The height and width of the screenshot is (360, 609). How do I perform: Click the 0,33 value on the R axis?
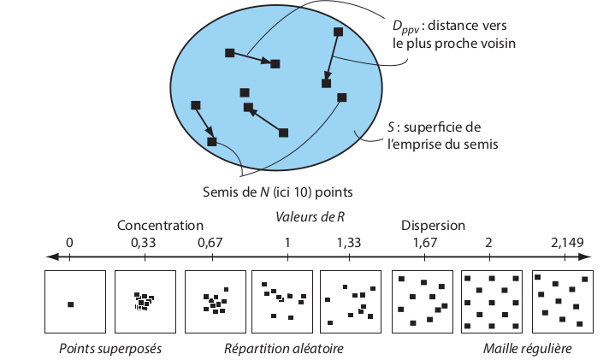click(143, 243)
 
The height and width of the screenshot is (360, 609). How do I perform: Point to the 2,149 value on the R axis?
click(567, 243)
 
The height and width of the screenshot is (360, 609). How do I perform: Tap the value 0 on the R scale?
click(69, 243)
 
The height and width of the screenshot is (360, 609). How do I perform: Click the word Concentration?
click(160, 226)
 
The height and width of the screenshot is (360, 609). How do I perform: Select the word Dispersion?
click(433, 226)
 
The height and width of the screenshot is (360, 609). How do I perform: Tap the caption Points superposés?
click(110, 349)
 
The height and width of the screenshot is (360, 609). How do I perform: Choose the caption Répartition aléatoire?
click(283, 349)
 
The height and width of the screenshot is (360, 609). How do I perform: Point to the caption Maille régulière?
click(527, 349)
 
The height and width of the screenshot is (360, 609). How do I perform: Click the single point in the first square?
click(71, 304)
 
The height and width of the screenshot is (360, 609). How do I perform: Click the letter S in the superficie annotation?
click(391, 127)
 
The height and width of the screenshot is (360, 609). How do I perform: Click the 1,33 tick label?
click(349, 243)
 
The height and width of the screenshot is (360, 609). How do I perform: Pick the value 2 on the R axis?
click(488, 243)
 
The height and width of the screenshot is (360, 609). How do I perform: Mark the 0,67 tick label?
click(210, 243)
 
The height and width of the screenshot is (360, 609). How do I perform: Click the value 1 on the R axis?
click(287, 243)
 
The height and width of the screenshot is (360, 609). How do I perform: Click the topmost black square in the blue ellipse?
click(338, 32)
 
